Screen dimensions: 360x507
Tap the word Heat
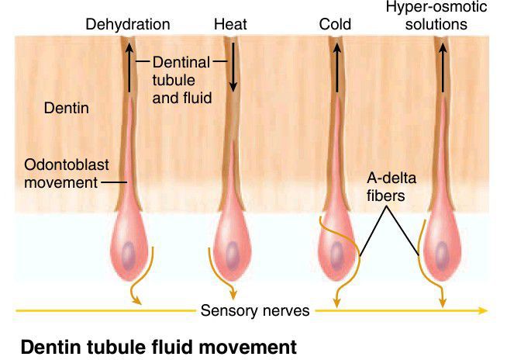tap(231, 25)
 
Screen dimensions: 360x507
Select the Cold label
tap(335, 25)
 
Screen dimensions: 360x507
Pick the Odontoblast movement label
tap(59, 175)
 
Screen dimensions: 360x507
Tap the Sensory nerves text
tap(255, 311)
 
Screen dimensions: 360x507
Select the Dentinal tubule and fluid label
tap(183, 79)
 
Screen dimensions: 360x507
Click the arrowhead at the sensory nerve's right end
tap(483, 311)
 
